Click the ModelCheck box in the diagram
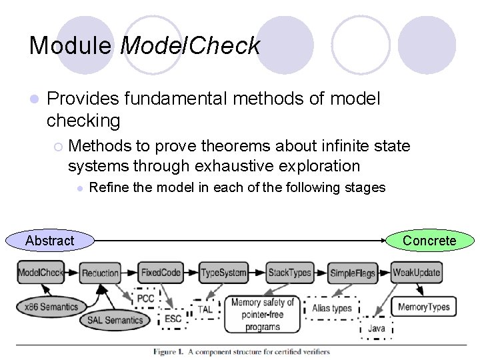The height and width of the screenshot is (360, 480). (x=41, y=273)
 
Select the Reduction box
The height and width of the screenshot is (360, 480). (x=100, y=273)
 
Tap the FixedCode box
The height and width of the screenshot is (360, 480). (x=161, y=273)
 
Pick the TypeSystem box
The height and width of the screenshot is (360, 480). (x=224, y=273)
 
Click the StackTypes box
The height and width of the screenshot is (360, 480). (x=289, y=273)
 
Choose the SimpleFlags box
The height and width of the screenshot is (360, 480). (x=352, y=273)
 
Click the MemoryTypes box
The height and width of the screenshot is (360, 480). (x=423, y=307)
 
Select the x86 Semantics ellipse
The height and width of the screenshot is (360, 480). (x=51, y=307)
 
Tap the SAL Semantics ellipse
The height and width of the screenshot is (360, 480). (x=115, y=320)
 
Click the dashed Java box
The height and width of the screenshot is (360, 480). (x=376, y=329)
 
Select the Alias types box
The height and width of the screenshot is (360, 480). (x=331, y=308)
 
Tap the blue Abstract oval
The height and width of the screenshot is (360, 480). (x=49, y=241)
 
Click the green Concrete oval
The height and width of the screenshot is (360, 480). (x=430, y=241)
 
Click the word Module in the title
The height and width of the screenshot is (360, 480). (x=71, y=45)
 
